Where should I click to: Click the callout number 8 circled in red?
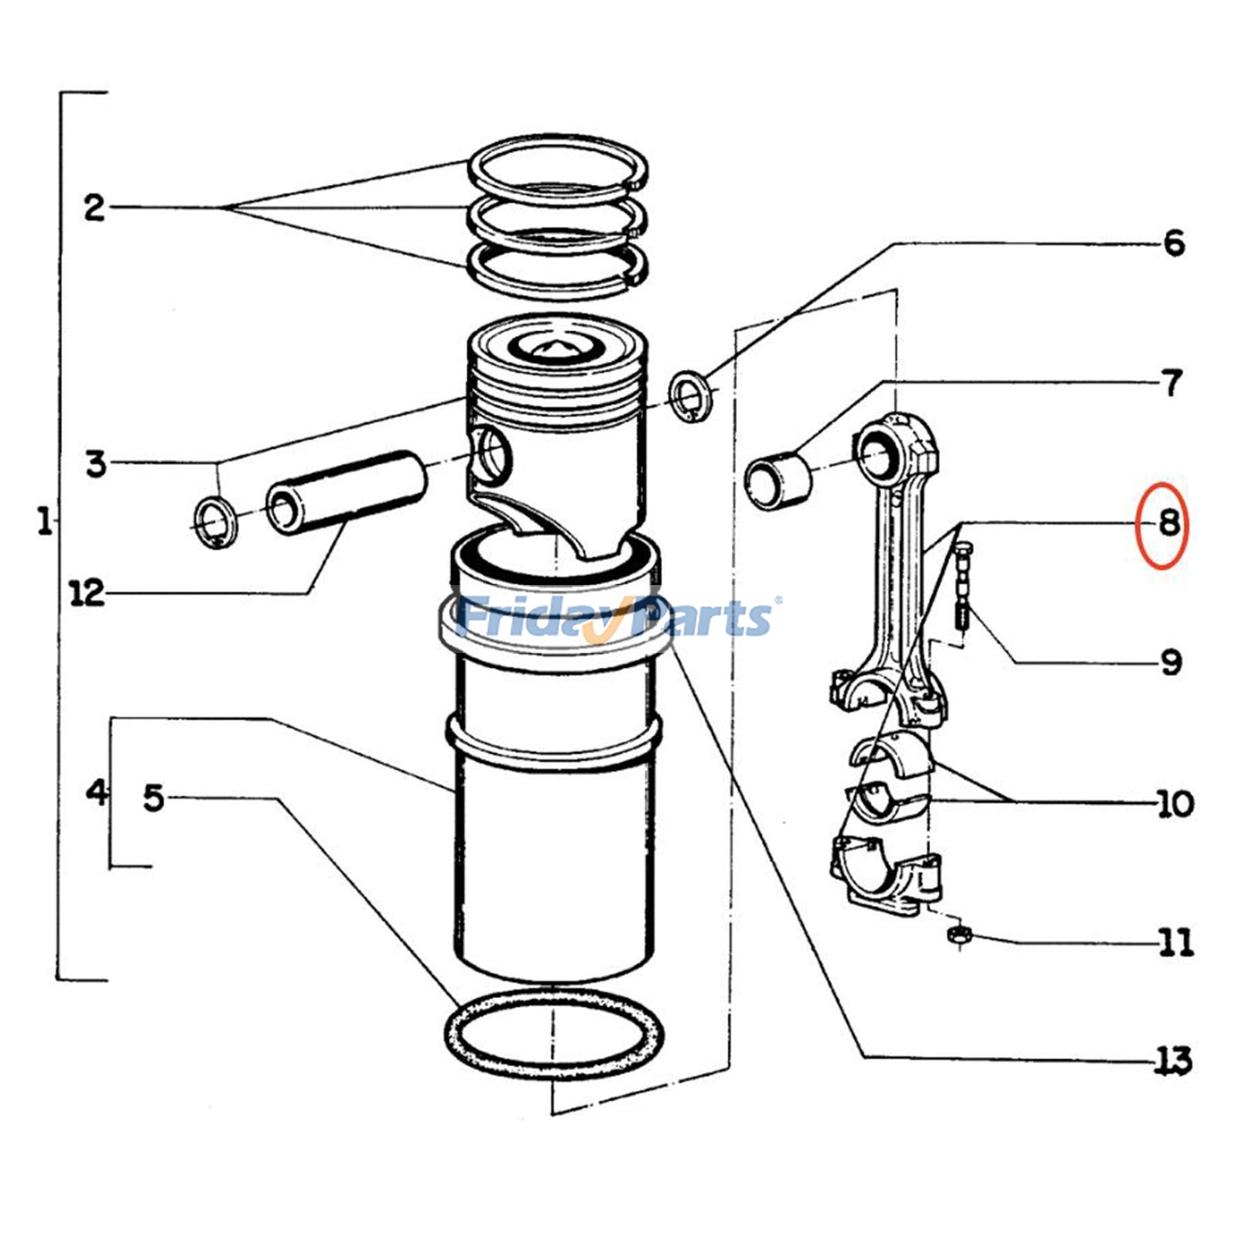tap(1168, 525)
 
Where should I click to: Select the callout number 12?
tap(87, 593)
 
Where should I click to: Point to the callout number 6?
tap(1174, 243)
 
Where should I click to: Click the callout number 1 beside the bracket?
tap(44, 522)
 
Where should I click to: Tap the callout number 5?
tap(155, 798)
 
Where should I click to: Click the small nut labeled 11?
tap(958, 935)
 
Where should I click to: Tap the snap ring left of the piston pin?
tap(216, 524)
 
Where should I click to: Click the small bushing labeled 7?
tap(778, 480)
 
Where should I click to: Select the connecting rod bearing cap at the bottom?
tap(886, 874)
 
